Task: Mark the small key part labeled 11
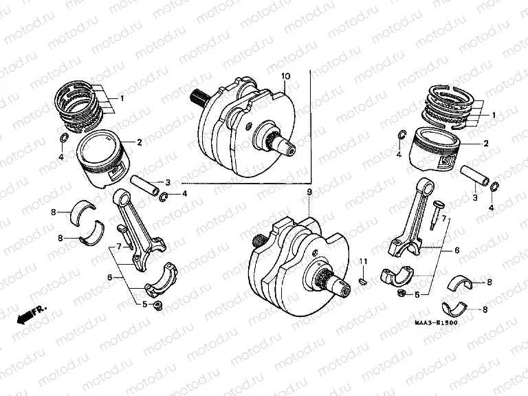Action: click(364, 280)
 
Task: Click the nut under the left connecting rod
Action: click(159, 305)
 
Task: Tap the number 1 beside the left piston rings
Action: click(122, 98)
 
